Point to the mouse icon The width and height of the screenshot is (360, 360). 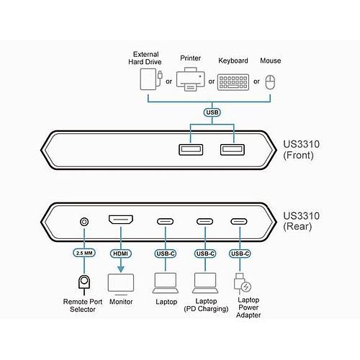point(271,81)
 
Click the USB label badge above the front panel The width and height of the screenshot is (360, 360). point(212,112)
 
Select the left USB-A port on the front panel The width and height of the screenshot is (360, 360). point(190,149)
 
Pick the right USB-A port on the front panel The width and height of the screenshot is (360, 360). point(233,149)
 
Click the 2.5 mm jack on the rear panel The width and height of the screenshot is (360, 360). point(86,222)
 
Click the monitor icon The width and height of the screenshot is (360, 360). point(122,282)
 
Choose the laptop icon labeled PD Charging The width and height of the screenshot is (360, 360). point(205,282)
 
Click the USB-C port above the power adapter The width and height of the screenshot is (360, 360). point(240,222)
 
